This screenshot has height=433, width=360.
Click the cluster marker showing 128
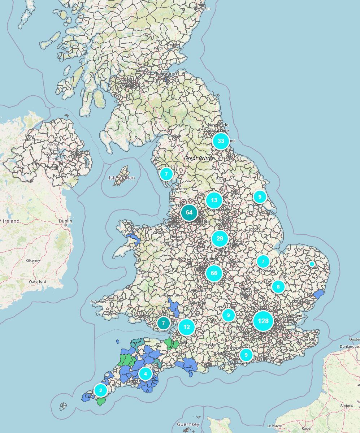263,321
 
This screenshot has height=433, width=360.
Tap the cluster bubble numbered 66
214,273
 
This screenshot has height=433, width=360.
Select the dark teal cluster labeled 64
189,212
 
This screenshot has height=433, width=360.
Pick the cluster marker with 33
221,141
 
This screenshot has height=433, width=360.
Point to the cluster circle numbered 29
220,238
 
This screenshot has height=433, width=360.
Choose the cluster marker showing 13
214,200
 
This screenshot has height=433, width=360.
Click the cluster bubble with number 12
187,327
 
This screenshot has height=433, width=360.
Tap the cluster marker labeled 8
278,287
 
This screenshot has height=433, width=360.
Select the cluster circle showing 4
146,373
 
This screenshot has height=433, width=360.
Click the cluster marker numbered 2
101,390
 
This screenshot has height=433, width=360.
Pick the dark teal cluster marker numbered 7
164,323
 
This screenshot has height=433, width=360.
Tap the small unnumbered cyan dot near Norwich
312,264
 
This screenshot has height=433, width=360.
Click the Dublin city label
66,221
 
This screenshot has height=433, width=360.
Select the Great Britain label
199,158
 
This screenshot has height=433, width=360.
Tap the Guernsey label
188,424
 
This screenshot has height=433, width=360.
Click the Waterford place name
38,281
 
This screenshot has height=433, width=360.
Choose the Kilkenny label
34,260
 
